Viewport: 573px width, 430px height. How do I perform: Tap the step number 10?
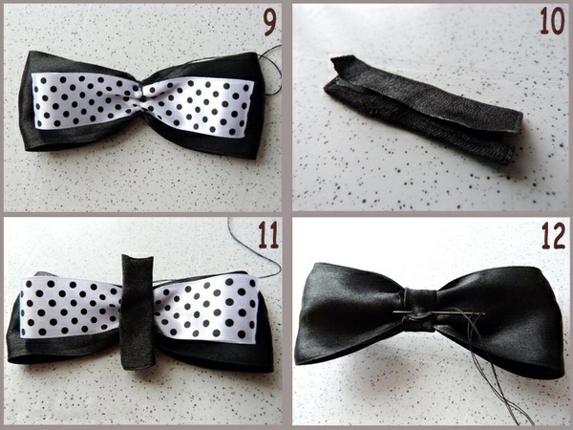point(552,21)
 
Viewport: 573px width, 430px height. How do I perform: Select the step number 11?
point(268,235)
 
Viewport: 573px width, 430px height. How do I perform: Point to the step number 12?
point(553,235)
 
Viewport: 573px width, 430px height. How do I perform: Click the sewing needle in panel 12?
point(439,312)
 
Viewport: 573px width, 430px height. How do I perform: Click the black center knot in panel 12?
point(419,310)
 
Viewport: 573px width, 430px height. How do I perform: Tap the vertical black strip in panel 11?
point(138,312)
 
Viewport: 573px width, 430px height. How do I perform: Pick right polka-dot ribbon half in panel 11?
point(206,309)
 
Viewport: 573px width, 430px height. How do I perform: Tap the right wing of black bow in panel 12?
point(500,318)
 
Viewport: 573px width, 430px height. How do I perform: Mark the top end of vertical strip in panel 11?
point(138,257)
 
